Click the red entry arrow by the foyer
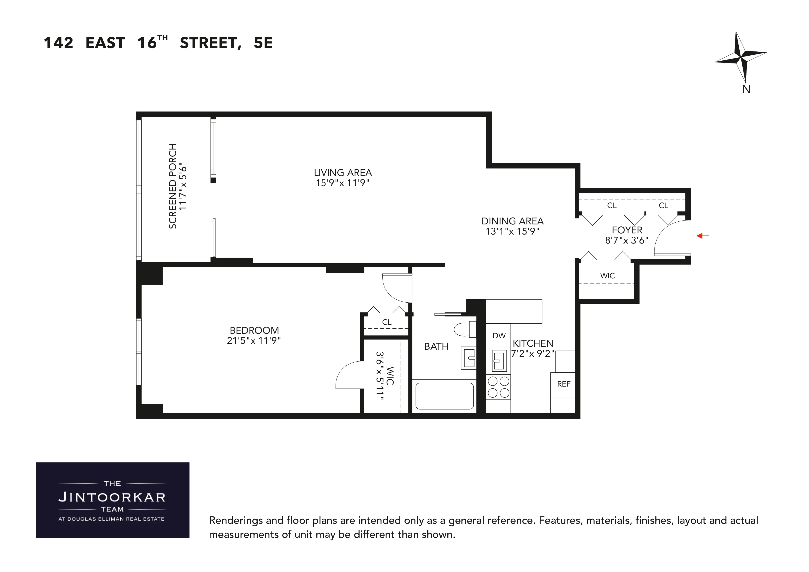coord(702,236)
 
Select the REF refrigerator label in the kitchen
coord(563,384)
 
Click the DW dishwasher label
coord(499,336)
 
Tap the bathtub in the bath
coord(444,396)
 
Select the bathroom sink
coord(469,358)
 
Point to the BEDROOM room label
coord(254,331)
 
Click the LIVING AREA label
coord(342,173)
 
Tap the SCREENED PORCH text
coord(173,186)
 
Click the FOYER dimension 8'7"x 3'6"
coord(627,240)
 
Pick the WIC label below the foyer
coord(607,276)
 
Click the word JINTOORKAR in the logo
coord(112,497)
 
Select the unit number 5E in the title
coord(263,43)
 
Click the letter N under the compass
coord(746,89)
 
